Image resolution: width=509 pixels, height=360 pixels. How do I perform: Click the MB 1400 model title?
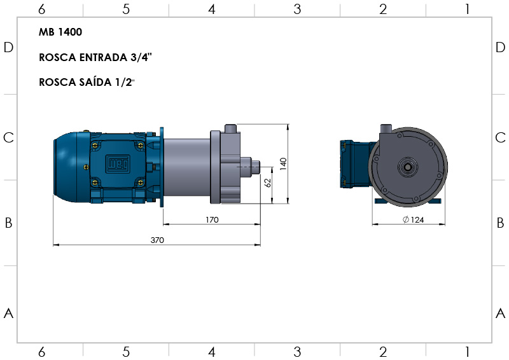click(60, 32)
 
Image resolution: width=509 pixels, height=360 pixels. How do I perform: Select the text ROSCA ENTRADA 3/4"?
click(95, 57)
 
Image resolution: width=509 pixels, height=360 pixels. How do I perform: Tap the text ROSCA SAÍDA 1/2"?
click(87, 82)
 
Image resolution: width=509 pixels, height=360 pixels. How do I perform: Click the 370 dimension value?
click(157, 240)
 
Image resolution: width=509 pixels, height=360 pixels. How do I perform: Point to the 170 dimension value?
click(212, 220)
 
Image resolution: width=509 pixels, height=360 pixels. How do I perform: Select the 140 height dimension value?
click(283, 164)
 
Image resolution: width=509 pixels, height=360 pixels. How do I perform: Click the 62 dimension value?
click(268, 183)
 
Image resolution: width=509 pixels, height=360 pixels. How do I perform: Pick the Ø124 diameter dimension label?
click(413, 220)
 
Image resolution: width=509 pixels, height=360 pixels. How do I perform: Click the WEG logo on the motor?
click(118, 164)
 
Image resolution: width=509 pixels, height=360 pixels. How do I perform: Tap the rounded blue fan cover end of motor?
click(65, 167)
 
